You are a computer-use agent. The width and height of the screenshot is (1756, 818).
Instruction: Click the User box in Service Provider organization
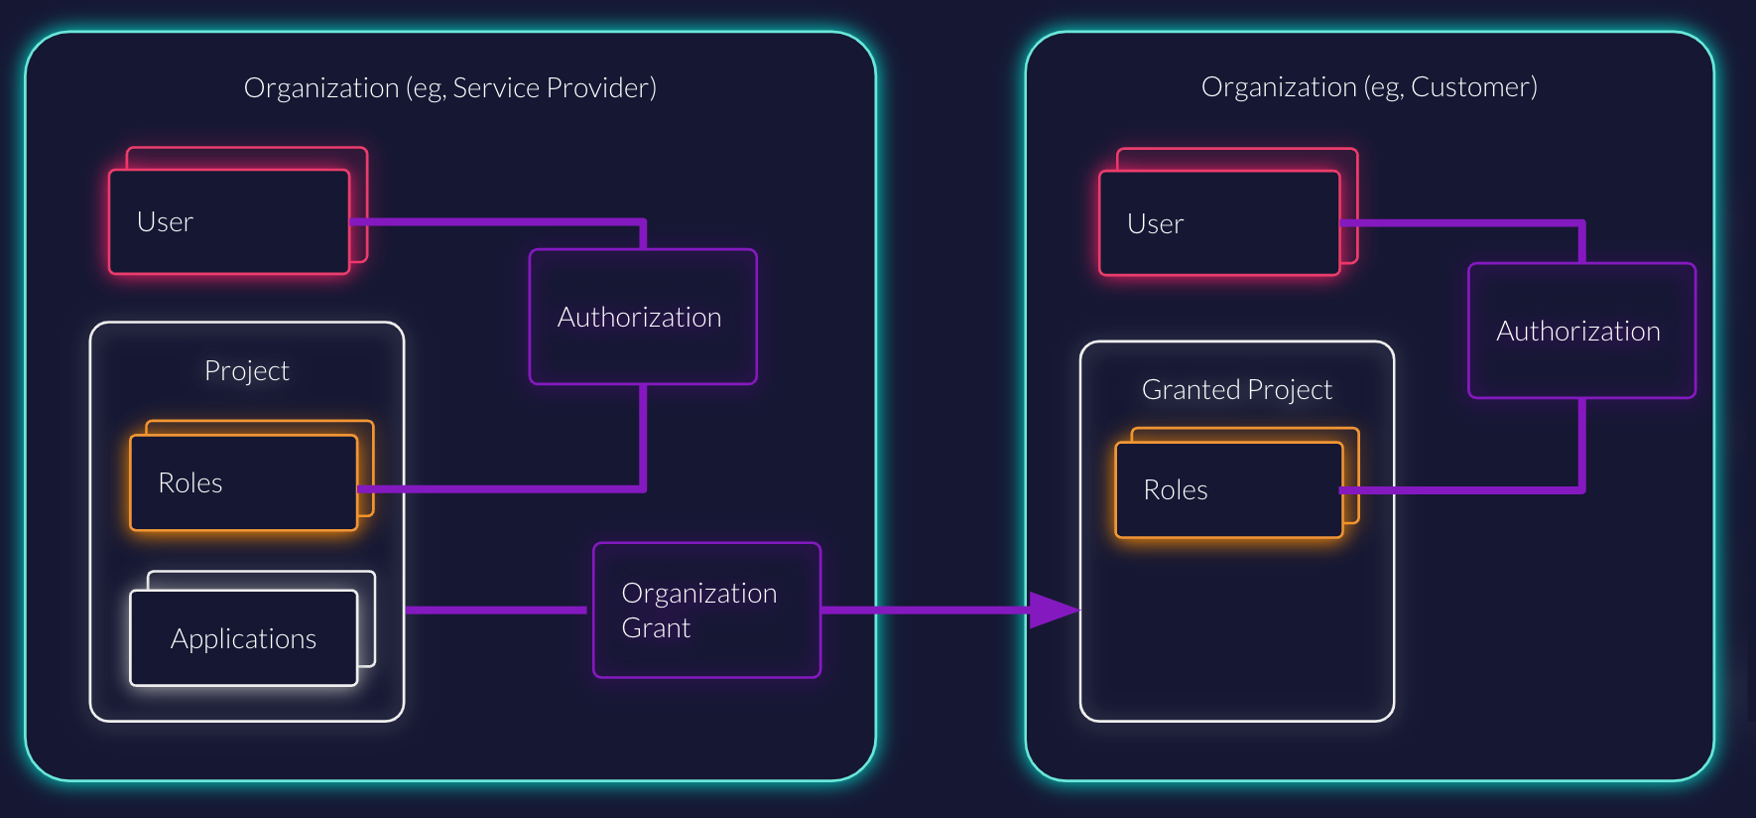coord(229,221)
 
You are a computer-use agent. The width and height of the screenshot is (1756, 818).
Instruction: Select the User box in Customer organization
coord(1219,223)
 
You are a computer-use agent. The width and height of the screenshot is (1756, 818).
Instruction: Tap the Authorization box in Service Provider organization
coord(643,317)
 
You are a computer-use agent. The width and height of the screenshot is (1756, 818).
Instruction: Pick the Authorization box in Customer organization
coord(1581,331)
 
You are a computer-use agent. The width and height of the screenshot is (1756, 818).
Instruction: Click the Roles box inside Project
coord(243,483)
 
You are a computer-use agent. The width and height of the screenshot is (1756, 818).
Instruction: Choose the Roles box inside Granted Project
coord(1228,490)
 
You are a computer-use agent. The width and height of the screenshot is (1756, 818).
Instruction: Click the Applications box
coord(243,638)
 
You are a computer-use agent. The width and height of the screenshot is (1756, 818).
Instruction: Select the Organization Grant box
coord(706,611)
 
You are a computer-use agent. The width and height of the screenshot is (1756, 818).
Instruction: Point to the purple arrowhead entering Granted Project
coord(1054,610)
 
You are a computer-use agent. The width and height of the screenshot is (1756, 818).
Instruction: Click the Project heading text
coord(246,371)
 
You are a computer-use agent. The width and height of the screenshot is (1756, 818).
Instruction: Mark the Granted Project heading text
coord(1236,390)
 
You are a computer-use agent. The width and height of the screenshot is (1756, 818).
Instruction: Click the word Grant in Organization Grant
coord(656,628)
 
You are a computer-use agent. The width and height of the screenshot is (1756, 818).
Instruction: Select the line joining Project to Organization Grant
coord(496,610)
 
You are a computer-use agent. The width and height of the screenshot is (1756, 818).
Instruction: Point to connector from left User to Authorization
coord(496,221)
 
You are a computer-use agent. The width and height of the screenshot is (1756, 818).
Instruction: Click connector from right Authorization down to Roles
coord(1581,447)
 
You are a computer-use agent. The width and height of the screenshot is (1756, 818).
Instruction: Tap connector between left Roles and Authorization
coord(496,488)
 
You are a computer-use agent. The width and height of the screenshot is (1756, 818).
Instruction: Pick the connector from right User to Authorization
coord(1458,223)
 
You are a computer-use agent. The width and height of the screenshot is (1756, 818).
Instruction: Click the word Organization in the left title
coord(320,88)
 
